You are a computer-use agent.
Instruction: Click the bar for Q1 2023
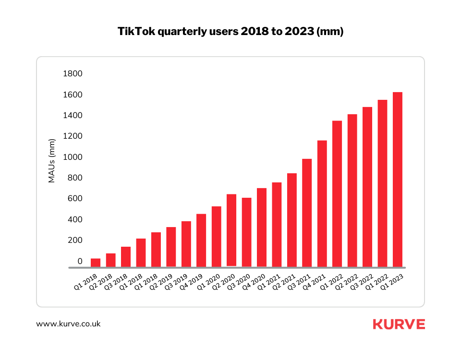[x=398, y=180]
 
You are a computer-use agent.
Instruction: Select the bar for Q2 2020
[x=231, y=230]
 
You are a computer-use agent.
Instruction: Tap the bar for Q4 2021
[x=322, y=204]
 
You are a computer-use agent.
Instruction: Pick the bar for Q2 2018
[x=110, y=260]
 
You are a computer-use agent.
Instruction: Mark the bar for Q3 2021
[x=307, y=213]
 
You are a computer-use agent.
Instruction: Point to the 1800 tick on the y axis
[x=73, y=74]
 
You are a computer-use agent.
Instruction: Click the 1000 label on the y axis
[x=73, y=157]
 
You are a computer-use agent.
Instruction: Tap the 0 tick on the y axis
[x=80, y=262]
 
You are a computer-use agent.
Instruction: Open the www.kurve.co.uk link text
[x=68, y=324]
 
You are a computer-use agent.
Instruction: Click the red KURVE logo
[x=399, y=324]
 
